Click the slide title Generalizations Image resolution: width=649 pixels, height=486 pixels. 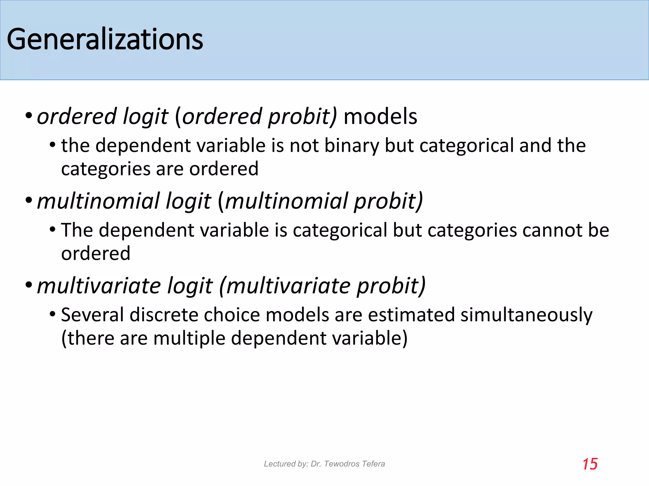(x=105, y=39)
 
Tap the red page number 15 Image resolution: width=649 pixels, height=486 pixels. (x=590, y=464)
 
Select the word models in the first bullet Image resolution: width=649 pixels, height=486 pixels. (x=380, y=116)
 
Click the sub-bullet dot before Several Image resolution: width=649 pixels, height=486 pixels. (x=53, y=314)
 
